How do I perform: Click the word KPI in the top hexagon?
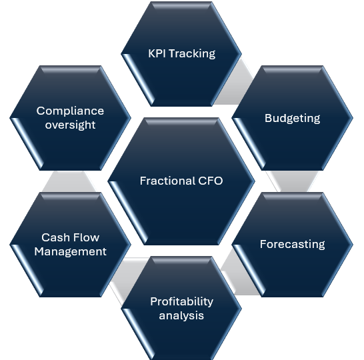click(x=157, y=53)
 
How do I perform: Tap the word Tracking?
click(x=192, y=54)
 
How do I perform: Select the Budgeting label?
click(x=293, y=119)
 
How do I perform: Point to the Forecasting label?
click(x=293, y=244)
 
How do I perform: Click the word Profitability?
click(x=181, y=302)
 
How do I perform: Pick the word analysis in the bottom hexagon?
click(x=181, y=316)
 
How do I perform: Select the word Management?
click(x=71, y=251)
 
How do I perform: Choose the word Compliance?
click(x=70, y=111)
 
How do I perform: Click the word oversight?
click(x=71, y=125)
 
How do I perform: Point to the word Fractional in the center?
click(x=167, y=181)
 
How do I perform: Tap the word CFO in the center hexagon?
click(x=211, y=181)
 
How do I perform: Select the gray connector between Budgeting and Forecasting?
click(x=293, y=181)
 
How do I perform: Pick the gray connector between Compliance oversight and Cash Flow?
click(x=69, y=181)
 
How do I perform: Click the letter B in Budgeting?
click(x=269, y=118)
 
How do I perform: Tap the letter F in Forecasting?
click(x=263, y=244)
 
